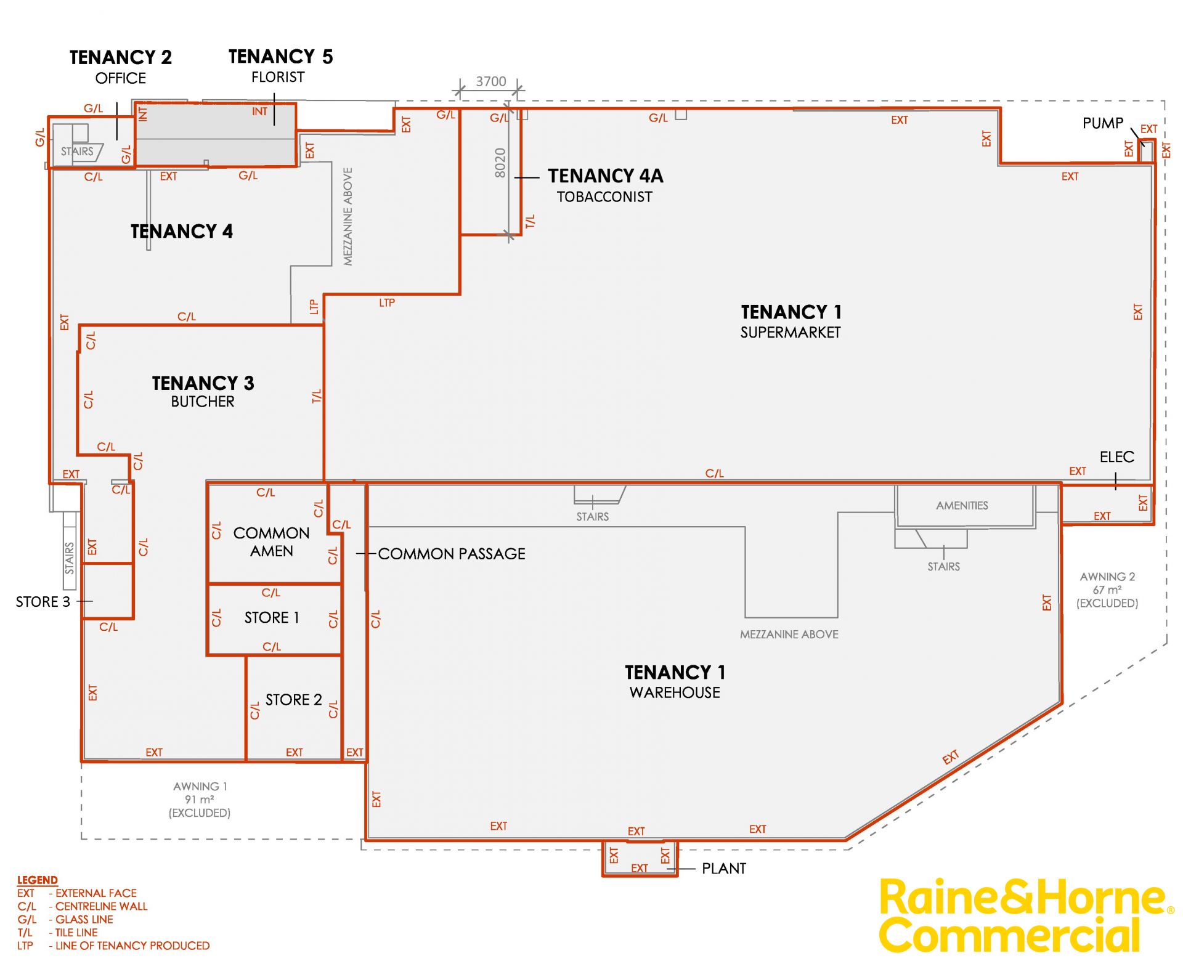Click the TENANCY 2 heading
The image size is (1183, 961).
[121, 57]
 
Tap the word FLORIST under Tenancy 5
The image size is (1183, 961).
[278, 77]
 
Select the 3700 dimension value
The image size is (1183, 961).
[491, 81]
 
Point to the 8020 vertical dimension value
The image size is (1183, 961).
[500, 163]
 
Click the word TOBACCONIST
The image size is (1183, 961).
[604, 197]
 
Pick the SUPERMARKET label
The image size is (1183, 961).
[791, 333]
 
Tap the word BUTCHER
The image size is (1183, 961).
[203, 402]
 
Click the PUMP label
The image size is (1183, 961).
[1103, 123]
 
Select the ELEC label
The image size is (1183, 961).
[1117, 457]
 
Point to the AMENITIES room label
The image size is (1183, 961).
[962, 506]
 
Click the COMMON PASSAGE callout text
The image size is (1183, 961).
[452, 554]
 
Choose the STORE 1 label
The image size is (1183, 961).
[272, 617]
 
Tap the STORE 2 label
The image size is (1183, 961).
[294, 700]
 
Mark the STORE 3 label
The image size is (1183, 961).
[43, 602]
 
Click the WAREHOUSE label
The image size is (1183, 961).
[675, 693]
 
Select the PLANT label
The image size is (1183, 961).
[724, 869]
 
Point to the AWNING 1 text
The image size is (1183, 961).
[200, 787]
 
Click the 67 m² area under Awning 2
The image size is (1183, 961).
[1107, 590]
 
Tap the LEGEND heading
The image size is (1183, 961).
[38, 880]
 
